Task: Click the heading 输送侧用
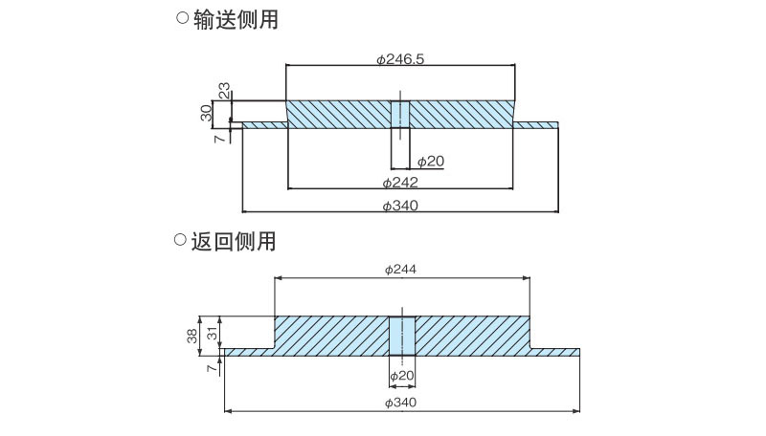[236, 19]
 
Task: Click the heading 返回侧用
[234, 241]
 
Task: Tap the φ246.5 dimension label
[400, 58]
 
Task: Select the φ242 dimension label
[400, 182]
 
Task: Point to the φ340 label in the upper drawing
[400, 205]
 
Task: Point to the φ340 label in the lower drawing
[400, 403]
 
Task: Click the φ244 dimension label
[400, 270]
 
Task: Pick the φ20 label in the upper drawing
[431, 161]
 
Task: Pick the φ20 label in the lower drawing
[401, 375]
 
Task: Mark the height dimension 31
[213, 332]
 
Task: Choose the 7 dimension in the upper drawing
[220, 139]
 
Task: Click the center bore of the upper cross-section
[400, 114]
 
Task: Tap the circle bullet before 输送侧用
[182, 18]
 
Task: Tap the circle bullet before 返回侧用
[180, 240]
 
